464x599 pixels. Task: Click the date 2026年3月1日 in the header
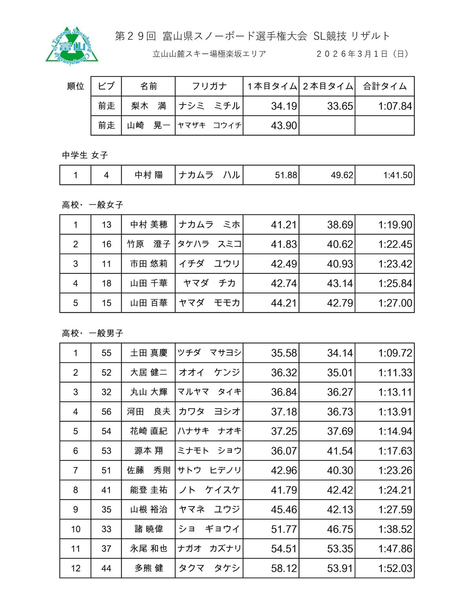tap(362, 54)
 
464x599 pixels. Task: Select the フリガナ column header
tap(209, 86)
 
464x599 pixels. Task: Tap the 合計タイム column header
tap(385, 86)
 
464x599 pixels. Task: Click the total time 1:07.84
tap(395, 106)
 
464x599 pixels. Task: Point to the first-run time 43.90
tap(284, 126)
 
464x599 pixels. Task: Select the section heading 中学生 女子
tap(85, 155)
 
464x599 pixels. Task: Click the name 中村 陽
tap(149, 175)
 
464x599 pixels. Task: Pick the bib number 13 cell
tap(106, 225)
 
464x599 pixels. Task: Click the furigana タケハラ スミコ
tap(209, 244)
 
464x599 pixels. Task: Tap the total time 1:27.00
tap(395, 303)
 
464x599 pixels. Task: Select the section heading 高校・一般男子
tap(92, 333)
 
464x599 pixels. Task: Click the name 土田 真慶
tap(149, 353)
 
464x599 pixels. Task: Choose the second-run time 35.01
tap(340, 373)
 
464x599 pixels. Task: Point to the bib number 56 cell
tap(106, 412)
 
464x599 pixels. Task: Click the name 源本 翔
tap(149, 451)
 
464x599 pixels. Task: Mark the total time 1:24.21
tap(395, 490)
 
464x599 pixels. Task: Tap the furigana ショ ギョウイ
tap(209, 529)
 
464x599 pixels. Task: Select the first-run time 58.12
tap(284, 568)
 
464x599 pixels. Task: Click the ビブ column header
tap(106, 86)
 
